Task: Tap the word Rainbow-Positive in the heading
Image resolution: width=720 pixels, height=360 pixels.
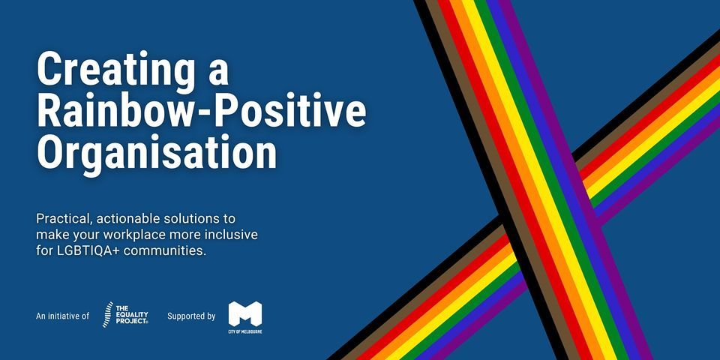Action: pyautogui.click(x=202, y=111)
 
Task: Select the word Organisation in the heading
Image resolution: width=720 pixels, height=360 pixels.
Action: pyautogui.click(x=157, y=151)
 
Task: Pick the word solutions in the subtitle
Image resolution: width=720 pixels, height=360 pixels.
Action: pyautogui.click(x=191, y=219)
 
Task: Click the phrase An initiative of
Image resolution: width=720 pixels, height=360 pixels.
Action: pyautogui.click(x=62, y=316)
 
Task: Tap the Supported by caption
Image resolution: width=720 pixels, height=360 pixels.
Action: pyautogui.click(x=191, y=316)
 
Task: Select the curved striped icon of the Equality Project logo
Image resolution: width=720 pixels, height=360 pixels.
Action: pyautogui.click(x=107, y=315)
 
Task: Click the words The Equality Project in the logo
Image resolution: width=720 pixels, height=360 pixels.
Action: pyautogui.click(x=133, y=315)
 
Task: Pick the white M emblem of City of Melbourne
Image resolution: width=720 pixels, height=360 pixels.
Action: pyautogui.click(x=245, y=312)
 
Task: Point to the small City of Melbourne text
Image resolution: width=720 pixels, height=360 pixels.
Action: pyautogui.click(x=245, y=331)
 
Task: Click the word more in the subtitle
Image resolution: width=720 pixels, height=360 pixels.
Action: pyautogui.click(x=184, y=235)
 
